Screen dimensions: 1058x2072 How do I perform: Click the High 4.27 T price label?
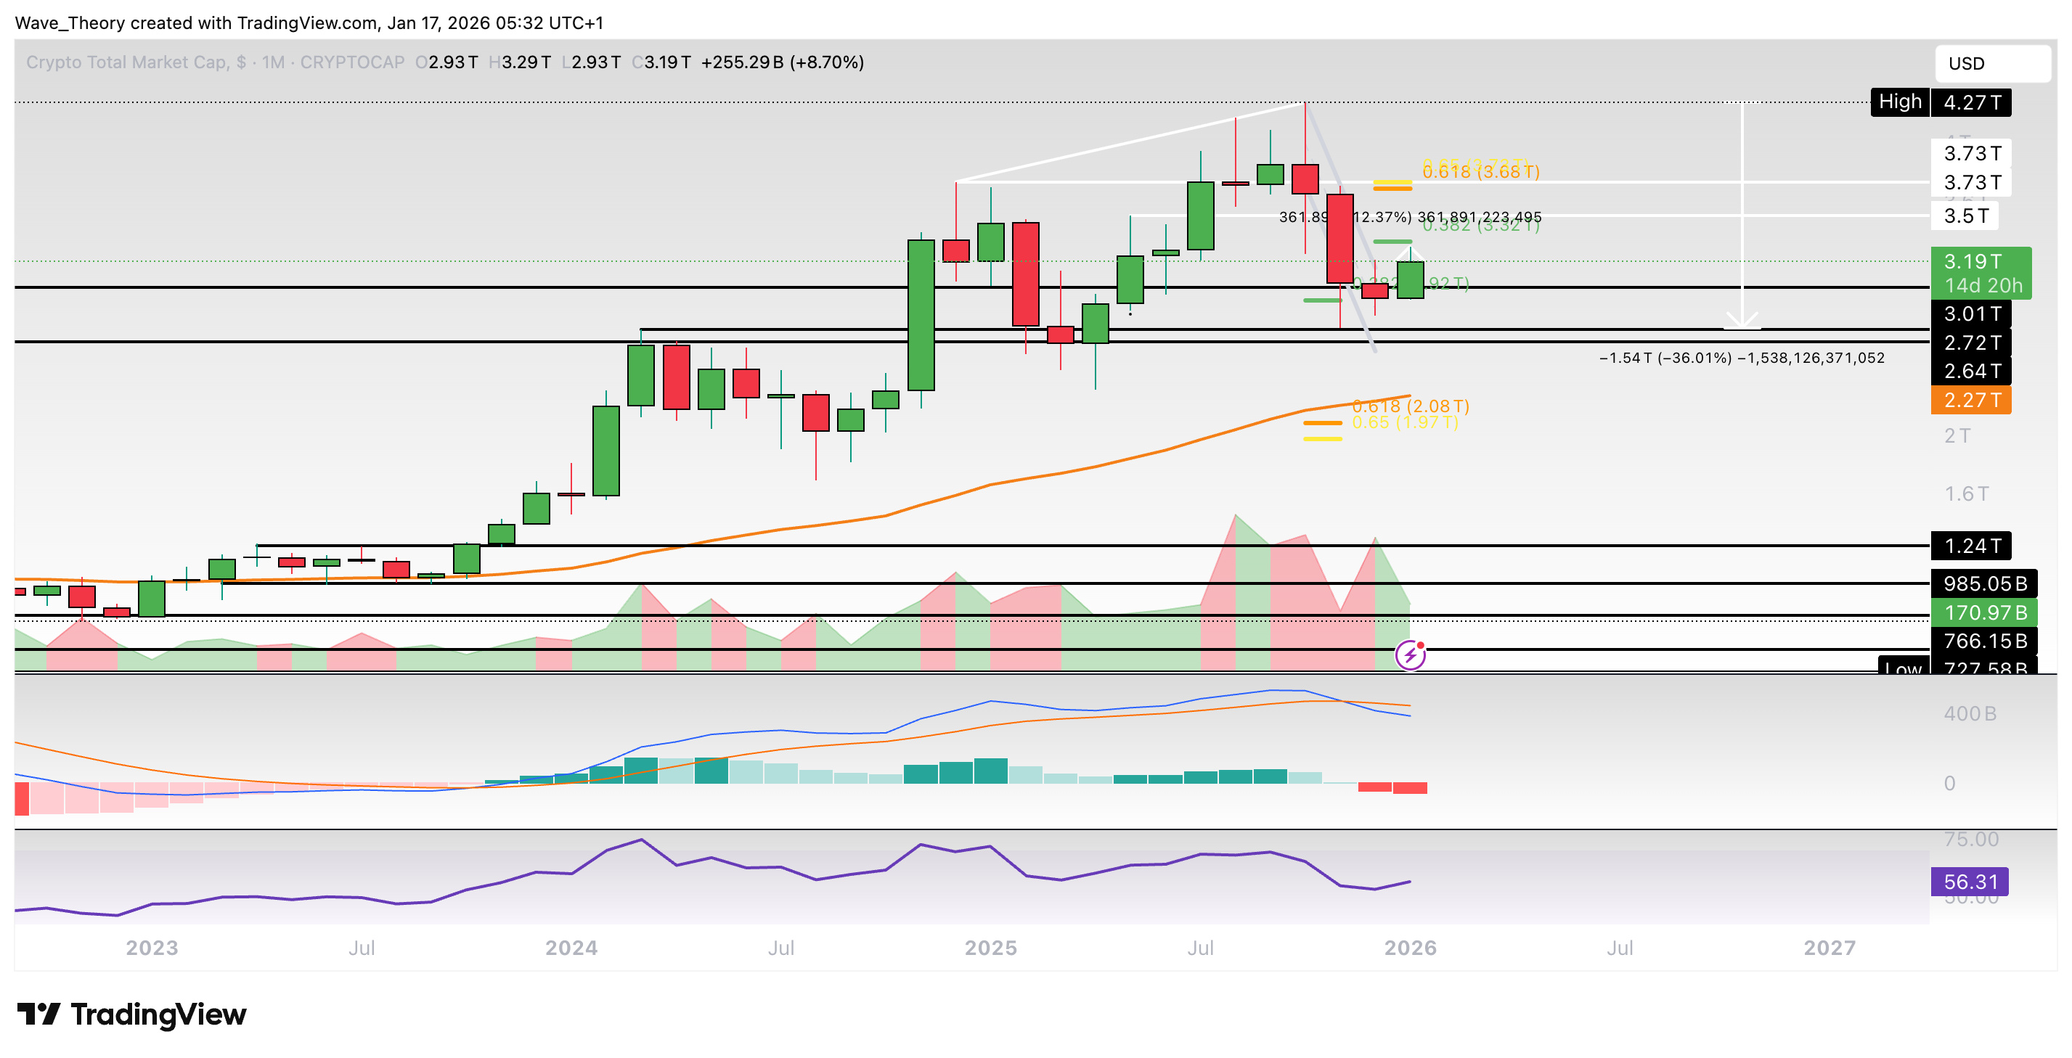1940,103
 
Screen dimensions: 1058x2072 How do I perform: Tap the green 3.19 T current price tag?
1981,273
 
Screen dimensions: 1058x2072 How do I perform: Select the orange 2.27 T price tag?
1970,401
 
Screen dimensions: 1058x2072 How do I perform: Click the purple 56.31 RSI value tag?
1969,882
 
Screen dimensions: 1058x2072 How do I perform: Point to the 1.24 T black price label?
1970,546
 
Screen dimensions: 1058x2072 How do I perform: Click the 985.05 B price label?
1983,583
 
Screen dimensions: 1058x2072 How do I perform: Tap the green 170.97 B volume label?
1983,612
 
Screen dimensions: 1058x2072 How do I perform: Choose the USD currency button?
1991,64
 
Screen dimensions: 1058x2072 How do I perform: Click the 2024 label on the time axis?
571,948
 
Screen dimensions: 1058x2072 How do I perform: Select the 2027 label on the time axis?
1829,948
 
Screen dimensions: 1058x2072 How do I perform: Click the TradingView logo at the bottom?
132,1014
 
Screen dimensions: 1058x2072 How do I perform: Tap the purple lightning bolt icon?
1410,655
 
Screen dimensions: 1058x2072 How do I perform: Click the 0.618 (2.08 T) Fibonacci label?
1410,406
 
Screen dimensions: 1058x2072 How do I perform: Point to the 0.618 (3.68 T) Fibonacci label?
1480,172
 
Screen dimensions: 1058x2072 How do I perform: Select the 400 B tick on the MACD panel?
1970,714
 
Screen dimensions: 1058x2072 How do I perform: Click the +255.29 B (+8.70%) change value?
782,62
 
